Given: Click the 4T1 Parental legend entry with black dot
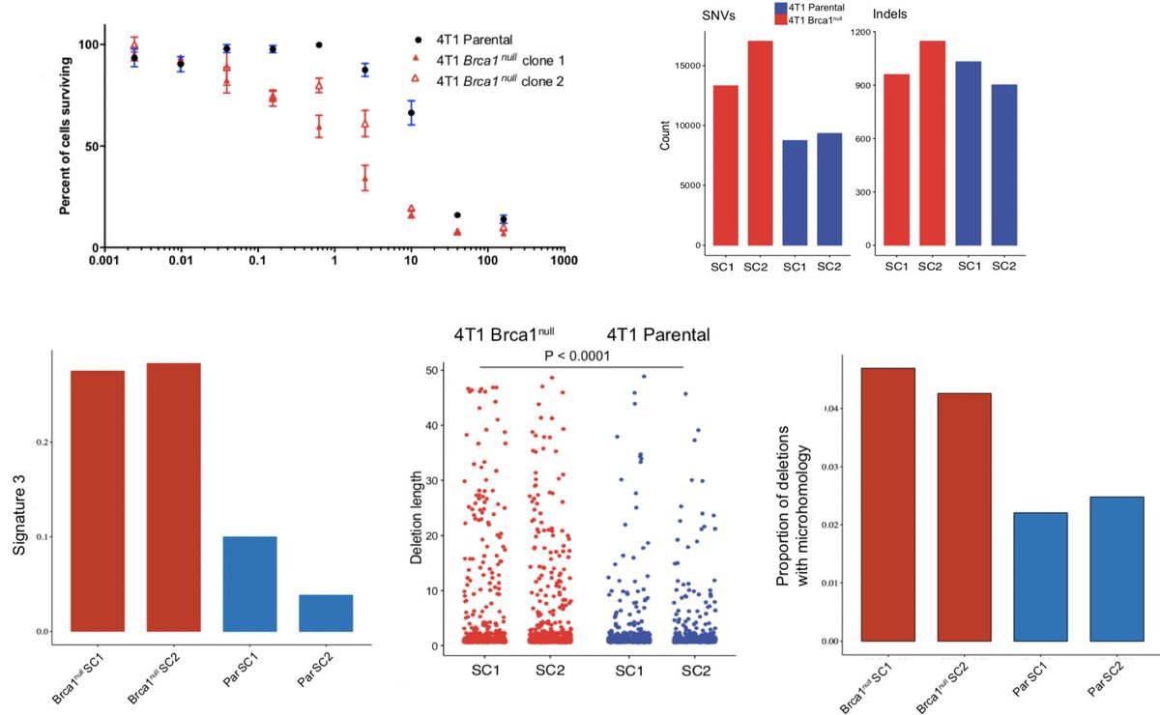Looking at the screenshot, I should click(464, 41).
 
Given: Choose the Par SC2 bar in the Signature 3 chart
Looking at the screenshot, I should click(326, 613).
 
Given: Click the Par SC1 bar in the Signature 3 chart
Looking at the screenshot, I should click(249, 584).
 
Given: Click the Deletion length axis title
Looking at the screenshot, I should click(417, 509).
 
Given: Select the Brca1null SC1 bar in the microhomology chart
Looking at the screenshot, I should click(887, 504).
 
